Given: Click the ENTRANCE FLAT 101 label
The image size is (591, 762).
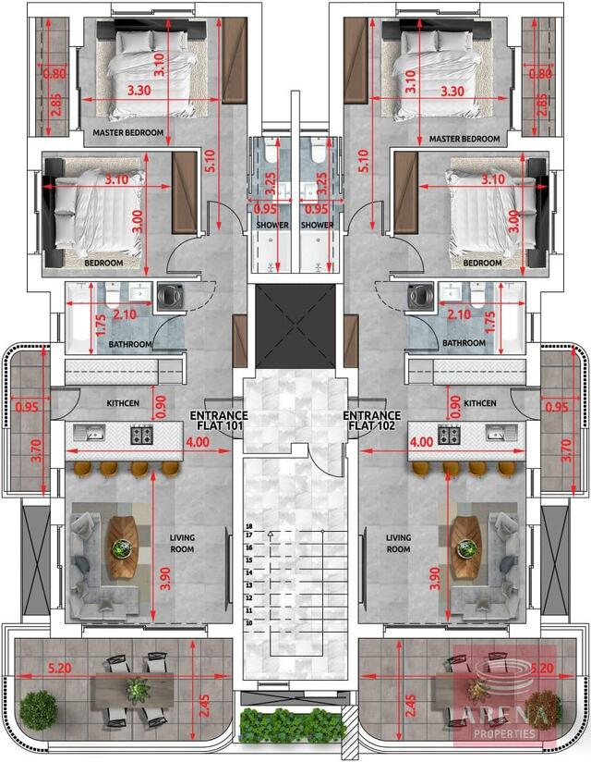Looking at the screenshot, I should [217, 422].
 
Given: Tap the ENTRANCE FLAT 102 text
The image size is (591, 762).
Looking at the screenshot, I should [371, 422].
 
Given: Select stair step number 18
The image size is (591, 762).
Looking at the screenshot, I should [249, 524].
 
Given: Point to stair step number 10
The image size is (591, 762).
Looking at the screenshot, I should [249, 622].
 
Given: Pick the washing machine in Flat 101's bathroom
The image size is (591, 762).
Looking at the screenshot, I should [170, 296].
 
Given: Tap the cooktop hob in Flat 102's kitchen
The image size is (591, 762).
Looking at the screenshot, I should [450, 434].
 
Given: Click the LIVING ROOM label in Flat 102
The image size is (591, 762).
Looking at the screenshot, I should [398, 543].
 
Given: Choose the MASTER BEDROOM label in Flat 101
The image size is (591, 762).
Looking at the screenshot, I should [127, 133].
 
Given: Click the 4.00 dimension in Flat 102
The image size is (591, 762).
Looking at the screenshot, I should [420, 443].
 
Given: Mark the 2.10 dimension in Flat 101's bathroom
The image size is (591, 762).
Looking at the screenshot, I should [124, 315].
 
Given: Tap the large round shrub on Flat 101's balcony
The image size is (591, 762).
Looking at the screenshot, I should [39, 709].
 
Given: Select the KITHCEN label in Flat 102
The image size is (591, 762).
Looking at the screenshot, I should [479, 403].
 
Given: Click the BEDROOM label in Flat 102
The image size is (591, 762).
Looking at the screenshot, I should [482, 263].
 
